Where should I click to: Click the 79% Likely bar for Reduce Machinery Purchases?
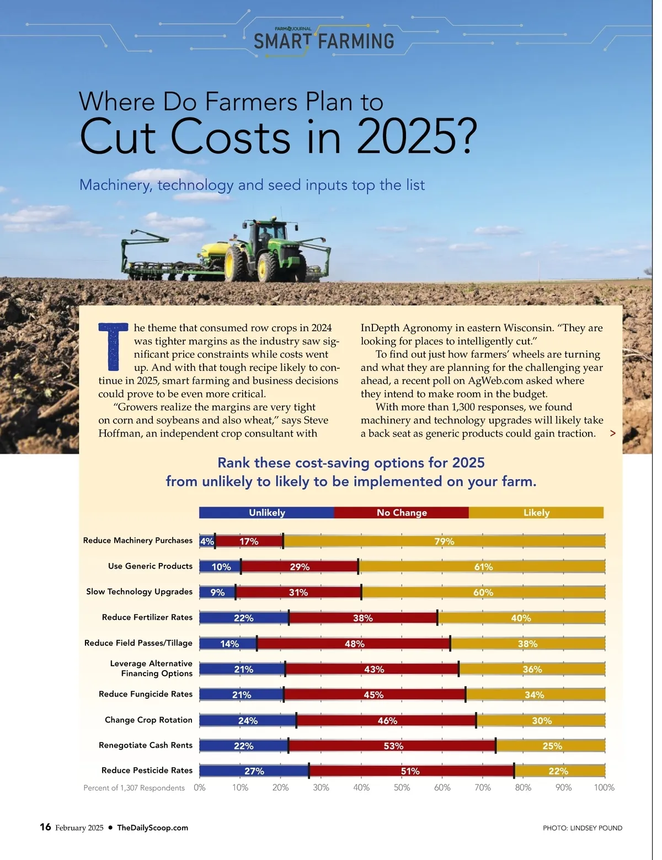point(444,541)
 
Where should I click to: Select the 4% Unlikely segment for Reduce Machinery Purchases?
point(207,541)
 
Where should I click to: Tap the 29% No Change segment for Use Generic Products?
point(300,566)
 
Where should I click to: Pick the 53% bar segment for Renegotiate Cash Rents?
point(393,746)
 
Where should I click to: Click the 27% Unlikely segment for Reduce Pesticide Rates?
point(254,771)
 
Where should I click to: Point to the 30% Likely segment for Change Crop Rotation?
point(541,720)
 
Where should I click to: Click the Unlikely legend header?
point(266,512)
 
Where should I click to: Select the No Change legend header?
point(402,512)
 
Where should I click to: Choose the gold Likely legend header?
point(536,512)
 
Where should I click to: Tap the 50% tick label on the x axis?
point(402,788)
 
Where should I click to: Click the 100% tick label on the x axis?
point(604,788)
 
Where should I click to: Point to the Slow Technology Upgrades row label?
point(139,591)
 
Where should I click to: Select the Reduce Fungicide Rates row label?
point(146,694)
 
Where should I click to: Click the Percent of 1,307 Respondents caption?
point(134,788)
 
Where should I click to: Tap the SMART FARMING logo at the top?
point(324,40)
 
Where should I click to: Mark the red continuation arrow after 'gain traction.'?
point(612,433)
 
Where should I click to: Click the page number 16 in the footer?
point(45,827)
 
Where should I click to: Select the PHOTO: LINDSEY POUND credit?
point(582,827)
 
